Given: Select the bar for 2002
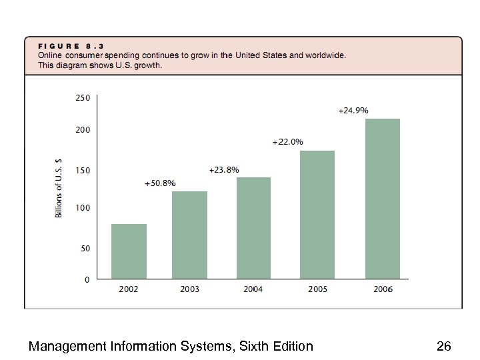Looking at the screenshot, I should click(x=129, y=251).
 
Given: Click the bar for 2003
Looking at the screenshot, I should click(x=189, y=235).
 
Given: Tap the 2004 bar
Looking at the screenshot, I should click(x=253, y=228).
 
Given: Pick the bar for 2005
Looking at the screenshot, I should click(x=317, y=215).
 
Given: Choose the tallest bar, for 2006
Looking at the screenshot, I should click(x=382, y=199).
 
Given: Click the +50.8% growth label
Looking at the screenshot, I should click(x=160, y=183).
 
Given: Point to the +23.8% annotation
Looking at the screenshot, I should click(x=224, y=170).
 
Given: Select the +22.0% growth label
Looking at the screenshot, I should click(x=287, y=142).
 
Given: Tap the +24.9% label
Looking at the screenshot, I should click(x=353, y=111).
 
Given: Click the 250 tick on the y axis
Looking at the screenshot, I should click(x=82, y=97).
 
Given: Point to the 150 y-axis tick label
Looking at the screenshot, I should click(x=82, y=171).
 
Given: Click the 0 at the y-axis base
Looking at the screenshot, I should click(x=87, y=280).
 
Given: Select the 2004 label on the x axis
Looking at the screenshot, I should click(x=253, y=289).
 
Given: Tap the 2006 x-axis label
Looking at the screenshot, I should click(x=382, y=289).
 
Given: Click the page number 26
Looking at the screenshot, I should click(x=443, y=346).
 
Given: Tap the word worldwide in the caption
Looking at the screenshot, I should click(x=325, y=55).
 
